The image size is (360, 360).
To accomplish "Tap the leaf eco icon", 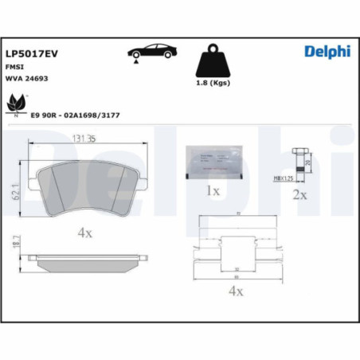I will click(x=16, y=104).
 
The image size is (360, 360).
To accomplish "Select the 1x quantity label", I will click(x=212, y=191).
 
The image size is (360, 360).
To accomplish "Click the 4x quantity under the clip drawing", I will click(x=235, y=292).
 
